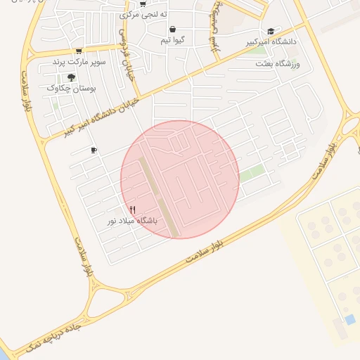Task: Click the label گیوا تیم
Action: (x=173, y=40)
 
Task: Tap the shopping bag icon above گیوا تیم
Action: (x=173, y=30)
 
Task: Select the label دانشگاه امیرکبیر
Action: (x=271, y=42)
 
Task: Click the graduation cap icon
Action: (x=271, y=31)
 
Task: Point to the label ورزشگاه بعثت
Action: (x=280, y=64)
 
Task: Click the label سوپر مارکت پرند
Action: (x=79, y=62)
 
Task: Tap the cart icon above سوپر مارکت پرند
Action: (x=79, y=51)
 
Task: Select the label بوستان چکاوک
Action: (x=71, y=89)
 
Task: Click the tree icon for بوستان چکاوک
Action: (x=71, y=77)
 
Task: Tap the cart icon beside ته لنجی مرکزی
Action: (x=143, y=4)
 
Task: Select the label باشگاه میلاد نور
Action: (x=133, y=221)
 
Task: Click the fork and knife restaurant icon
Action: (x=133, y=210)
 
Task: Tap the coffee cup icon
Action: (x=94, y=150)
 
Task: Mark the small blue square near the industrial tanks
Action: (x=350, y=320)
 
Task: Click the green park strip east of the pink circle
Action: (x=253, y=173)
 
